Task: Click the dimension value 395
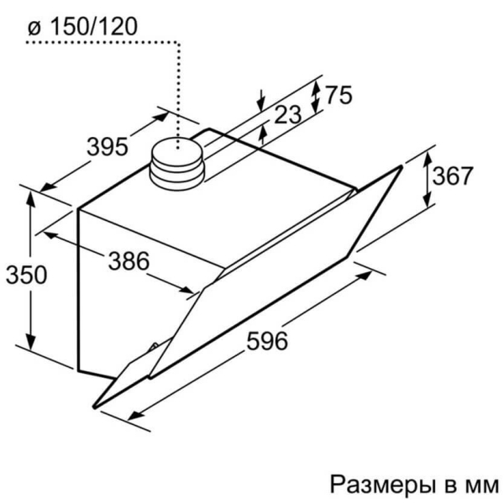108,146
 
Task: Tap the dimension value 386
129,260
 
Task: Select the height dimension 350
26,275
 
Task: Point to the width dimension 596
267,341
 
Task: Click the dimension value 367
453,176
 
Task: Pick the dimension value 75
339,94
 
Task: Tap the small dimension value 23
288,114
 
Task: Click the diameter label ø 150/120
82,26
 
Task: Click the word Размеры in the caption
381,485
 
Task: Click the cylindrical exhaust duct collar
176,164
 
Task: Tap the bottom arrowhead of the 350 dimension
30,341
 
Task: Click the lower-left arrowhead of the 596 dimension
135,415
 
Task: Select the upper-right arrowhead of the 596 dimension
365,276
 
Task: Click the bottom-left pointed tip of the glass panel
94,407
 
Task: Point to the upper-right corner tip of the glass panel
401,166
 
